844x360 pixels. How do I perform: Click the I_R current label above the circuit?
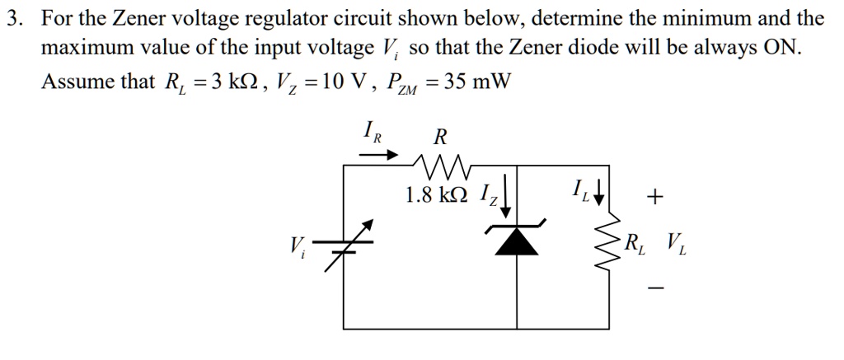click(x=372, y=133)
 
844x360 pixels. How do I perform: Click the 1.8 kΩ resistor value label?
click(x=437, y=195)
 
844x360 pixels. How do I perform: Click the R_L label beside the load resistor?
click(x=635, y=242)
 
